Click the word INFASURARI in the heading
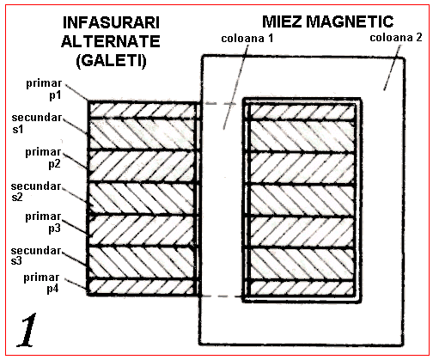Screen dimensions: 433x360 pyautogui.click(x=111, y=23)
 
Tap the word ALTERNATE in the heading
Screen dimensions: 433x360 pyautogui.click(x=111, y=41)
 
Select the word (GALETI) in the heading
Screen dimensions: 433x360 pyautogui.click(x=111, y=61)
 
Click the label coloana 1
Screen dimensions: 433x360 pyautogui.click(x=247, y=39)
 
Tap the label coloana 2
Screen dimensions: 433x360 pyautogui.click(x=396, y=38)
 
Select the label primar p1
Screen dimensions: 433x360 pyautogui.click(x=44, y=89)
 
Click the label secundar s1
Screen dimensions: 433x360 pyautogui.click(x=37, y=123)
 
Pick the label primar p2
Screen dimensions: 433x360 pyautogui.click(x=43, y=158)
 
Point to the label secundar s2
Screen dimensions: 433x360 pyautogui.click(x=36, y=192)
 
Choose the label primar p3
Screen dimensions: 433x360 pyautogui.click(x=43, y=223)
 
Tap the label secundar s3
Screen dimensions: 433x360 pyautogui.click(x=36, y=256)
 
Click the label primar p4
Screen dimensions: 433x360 pyautogui.click(x=41, y=283)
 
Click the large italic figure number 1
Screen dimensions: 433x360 pyautogui.click(x=27, y=330)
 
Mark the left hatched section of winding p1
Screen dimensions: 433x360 pyautogui.click(x=143, y=110)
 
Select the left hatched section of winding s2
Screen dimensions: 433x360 pyautogui.click(x=143, y=198)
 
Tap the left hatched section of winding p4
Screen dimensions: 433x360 pyautogui.click(x=143, y=287)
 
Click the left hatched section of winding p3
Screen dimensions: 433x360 pyautogui.click(x=143, y=231)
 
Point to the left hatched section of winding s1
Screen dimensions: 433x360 pyautogui.click(x=143, y=134)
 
